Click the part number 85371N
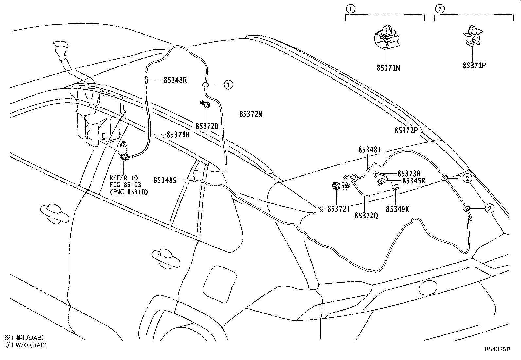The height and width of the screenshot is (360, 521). pos(388,68)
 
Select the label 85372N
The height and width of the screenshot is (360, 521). pos(251,114)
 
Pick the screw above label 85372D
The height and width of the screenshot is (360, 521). pos(206,104)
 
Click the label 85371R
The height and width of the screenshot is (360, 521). pos(178,135)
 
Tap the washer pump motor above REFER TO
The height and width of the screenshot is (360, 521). pos(124,152)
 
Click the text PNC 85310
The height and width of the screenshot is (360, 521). pos(129,192)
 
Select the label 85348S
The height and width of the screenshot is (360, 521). pos(165,180)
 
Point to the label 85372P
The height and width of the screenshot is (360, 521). pos(406,130)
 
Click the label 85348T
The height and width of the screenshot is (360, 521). pos(369,150)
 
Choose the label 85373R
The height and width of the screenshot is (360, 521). pos(409,173)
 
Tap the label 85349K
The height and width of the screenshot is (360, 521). pos(397,209)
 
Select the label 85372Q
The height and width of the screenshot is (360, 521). pos(366,216)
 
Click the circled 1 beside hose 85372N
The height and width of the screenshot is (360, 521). pos(228,85)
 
